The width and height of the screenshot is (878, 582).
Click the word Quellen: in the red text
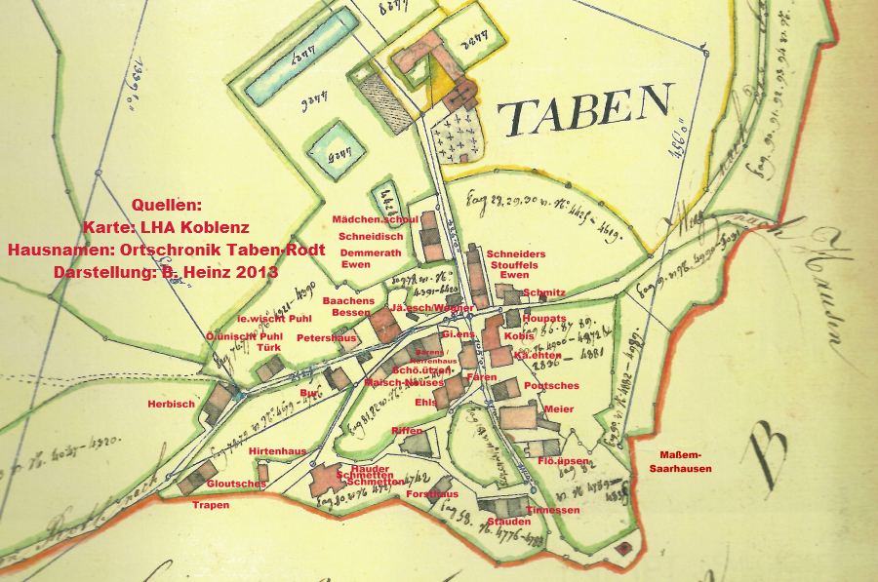pyautogui.click(x=166, y=206)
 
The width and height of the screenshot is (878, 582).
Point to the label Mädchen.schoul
pyautogui.click(x=375, y=219)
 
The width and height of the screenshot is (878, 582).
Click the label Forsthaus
pyautogui.click(x=432, y=494)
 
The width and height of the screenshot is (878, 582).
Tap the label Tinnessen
pyautogui.click(x=552, y=510)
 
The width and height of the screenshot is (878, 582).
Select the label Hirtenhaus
pyautogui.click(x=277, y=451)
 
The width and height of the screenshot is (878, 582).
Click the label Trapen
pyautogui.click(x=211, y=505)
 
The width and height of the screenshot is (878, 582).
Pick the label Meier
pyautogui.click(x=559, y=408)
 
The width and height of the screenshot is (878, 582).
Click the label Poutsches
pyautogui.click(x=551, y=386)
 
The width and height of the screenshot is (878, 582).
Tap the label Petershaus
pyautogui.click(x=326, y=338)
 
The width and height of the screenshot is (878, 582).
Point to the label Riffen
pyautogui.click(x=406, y=430)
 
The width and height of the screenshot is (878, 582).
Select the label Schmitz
pyautogui.click(x=544, y=292)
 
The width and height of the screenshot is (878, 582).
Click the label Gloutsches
pyautogui.click(x=236, y=484)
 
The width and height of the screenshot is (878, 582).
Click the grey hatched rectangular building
pyautogui.click(x=377, y=98)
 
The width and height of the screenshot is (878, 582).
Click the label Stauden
pyautogui.click(x=509, y=522)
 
